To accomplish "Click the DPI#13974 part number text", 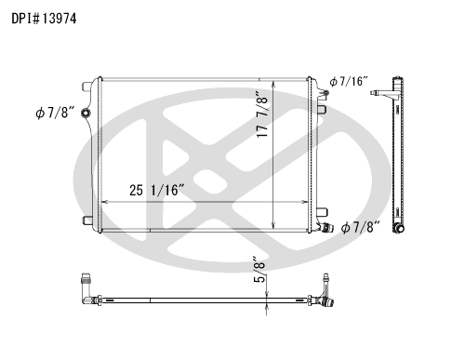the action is tap(44, 19).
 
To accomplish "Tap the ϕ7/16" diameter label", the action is tap(349, 81).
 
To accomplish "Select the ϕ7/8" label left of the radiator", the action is tap(55, 113).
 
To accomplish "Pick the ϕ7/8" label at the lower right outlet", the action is tap(361, 227).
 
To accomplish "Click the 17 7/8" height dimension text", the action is tap(262, 114).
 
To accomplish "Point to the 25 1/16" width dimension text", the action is tap(157, 190).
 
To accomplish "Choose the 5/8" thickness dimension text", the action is tap(259, 269).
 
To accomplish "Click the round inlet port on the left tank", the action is tap(86, 113).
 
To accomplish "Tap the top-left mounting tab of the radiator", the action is tap(86, 87).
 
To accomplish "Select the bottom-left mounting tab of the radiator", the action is tap(87, 220).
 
